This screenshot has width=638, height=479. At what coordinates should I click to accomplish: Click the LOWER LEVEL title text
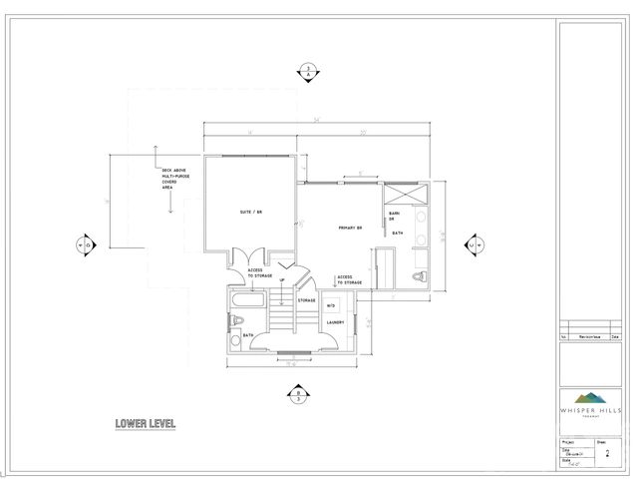tap(145, 424)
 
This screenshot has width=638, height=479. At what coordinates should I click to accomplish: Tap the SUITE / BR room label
tap(251, 213)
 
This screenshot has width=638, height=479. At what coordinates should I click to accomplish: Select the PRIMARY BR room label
tap(350, 229)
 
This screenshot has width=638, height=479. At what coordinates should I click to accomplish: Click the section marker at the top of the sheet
tap(308, 71)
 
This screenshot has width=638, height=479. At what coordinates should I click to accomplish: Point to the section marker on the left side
tap(84, 244)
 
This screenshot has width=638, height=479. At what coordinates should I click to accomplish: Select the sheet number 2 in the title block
tap(608, 452)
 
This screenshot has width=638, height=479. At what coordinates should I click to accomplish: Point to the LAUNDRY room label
tap(334, 322)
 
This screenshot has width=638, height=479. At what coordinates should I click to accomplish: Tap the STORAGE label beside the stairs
tap(306, 299)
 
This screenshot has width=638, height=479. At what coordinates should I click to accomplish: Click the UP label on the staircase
tap(282, 280)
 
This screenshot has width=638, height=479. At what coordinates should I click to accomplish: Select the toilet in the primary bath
tap(421, 276)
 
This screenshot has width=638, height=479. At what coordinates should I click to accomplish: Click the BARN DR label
tap(394, 216)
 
